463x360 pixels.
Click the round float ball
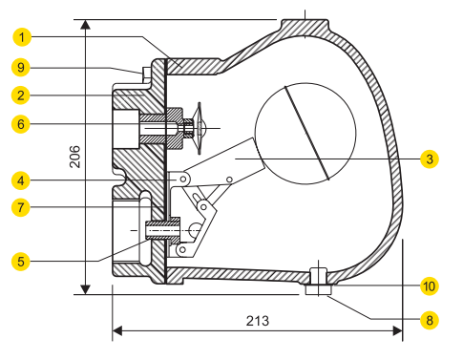pos(305,130)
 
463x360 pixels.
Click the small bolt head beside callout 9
pos(144,72)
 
